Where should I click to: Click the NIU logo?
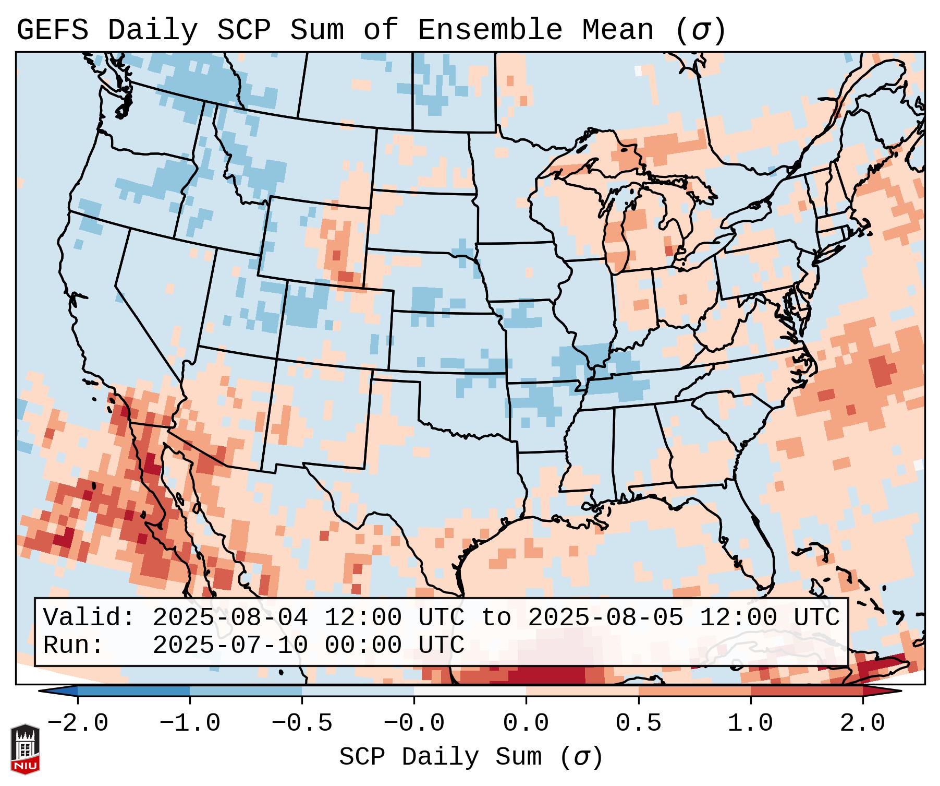click(25, 748)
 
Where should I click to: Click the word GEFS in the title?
click(52, 30)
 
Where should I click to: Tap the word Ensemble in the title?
click(490, 30)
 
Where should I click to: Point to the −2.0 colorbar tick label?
click(78, 723)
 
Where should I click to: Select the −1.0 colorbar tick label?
click(190, 723)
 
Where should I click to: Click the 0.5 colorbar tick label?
click(638, 723)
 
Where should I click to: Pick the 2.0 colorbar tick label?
click(862, 723)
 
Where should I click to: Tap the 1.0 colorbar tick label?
click(750, 723)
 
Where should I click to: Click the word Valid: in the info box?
click(89, 617)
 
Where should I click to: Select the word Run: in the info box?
click(74, 645)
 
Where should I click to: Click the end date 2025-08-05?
click(605, 617)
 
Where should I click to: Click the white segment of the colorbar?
click(470, 691)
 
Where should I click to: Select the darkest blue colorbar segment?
click(133, 691)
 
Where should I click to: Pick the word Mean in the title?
click(617, 30)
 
